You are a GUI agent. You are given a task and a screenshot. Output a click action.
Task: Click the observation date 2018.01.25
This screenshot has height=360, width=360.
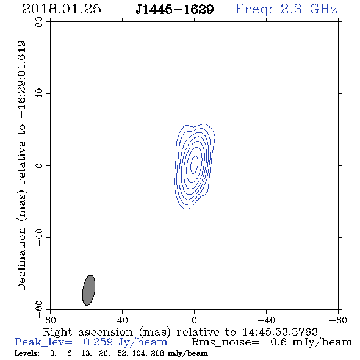pos(62,9)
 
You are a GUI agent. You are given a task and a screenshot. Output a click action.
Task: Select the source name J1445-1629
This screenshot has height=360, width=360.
pos(175,9)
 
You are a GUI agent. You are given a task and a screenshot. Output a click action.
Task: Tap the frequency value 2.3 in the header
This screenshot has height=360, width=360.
pos(291,9)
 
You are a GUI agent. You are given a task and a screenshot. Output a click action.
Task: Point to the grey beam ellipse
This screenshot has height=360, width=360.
pos(88,290)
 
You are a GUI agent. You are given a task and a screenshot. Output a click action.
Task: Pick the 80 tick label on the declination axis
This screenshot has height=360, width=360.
pos(39,22)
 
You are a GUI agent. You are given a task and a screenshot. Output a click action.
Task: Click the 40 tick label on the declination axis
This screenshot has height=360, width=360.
pos(39,94)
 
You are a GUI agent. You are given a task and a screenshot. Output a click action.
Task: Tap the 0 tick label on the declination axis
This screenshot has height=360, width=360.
pos(39,165)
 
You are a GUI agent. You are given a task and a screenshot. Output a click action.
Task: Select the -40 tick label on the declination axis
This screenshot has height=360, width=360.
pos(39,237)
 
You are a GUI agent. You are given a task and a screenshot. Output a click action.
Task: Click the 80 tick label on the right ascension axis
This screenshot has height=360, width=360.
pos(50,320)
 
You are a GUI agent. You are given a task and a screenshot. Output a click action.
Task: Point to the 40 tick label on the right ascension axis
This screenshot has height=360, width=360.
pos(123,320)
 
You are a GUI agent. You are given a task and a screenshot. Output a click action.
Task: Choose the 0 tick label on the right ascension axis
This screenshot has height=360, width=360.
pos(194,320)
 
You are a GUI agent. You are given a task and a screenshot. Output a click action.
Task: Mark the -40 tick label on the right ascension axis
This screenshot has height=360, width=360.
pos(266,320)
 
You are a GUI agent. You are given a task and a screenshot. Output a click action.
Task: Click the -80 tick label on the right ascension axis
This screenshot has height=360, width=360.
pos(338,320)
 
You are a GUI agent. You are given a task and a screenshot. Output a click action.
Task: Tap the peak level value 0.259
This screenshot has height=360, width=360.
pos(98,342)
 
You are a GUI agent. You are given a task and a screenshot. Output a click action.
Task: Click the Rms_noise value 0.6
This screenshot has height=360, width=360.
pos(278,342)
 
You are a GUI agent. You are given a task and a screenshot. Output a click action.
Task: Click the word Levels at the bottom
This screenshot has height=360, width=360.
pos(27,353)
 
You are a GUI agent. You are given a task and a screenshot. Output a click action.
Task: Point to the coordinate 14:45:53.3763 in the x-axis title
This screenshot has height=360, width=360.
pos(280,332)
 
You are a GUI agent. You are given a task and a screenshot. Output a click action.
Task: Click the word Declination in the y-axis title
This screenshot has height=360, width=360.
pos(21,259)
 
